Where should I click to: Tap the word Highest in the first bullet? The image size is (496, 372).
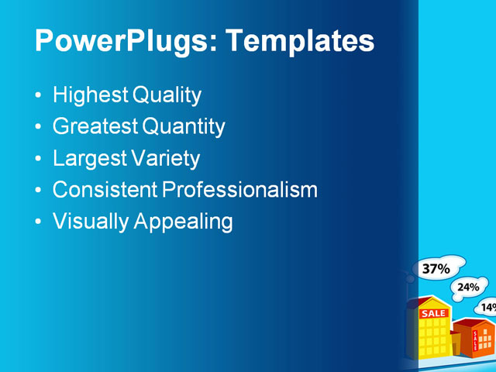[x=90, y=96]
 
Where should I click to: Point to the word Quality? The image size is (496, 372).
[x=167, y=96]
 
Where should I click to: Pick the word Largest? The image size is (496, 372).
[x=87, y=159]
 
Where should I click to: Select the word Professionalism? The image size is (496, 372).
[x=239, y=190]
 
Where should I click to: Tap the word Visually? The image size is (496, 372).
[x=91, y=222]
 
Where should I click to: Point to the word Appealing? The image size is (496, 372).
[x=184, y=222]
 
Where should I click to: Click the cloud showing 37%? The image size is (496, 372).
[x=437, y=268]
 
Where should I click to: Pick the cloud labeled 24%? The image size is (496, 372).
[x=468, y=287]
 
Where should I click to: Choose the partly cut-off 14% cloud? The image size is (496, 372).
[x=487, y=307]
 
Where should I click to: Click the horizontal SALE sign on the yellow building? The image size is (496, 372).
[x=433, y=313]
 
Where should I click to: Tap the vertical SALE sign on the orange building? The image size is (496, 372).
[x=475, y=341]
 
